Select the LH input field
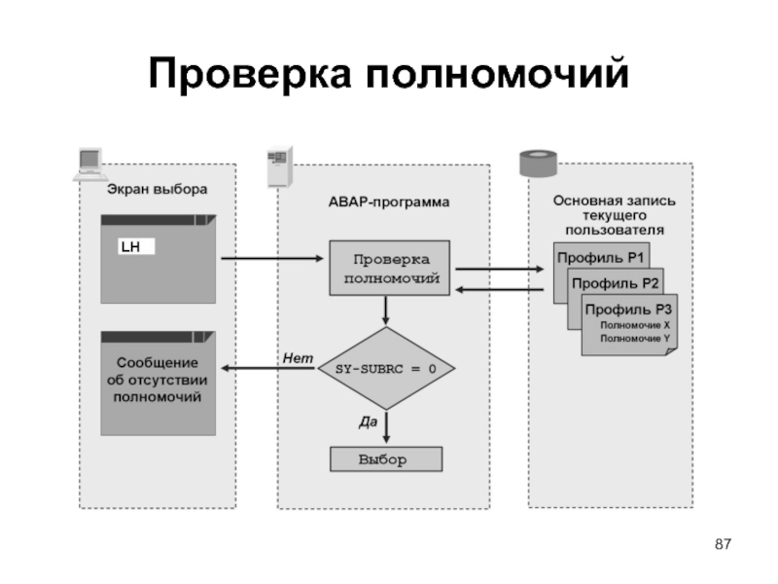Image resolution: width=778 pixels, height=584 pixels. point(136,247)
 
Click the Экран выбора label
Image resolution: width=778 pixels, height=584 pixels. point(157,189)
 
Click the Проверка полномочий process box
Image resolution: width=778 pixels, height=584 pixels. point(389,269)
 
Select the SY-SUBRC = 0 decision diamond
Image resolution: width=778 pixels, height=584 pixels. point(386,369)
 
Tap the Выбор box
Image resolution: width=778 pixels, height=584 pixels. point(386,458)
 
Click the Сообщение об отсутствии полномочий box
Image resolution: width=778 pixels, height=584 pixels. point(158,382)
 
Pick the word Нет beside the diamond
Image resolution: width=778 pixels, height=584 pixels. point(298,359)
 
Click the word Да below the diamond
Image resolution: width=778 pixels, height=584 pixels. point(368,421)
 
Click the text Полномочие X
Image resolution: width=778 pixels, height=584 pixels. point(635,324)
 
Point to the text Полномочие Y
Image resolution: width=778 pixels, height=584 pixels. point(635,338)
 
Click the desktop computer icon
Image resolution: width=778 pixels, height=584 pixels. point(88,162)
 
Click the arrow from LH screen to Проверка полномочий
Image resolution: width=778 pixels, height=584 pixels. point(272,259)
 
